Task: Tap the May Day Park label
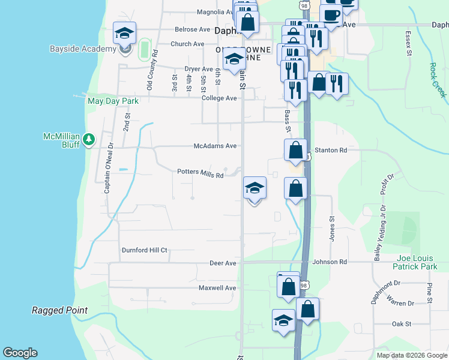113,101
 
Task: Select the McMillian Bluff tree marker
89,139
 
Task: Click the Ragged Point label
59,310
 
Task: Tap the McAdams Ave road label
215,146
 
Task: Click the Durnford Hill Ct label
144,250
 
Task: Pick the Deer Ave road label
223,263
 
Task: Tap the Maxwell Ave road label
218,288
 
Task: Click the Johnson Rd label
330,262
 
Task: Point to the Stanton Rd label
331,150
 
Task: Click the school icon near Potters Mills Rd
255,188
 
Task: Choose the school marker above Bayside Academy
124,34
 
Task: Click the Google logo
20,353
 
